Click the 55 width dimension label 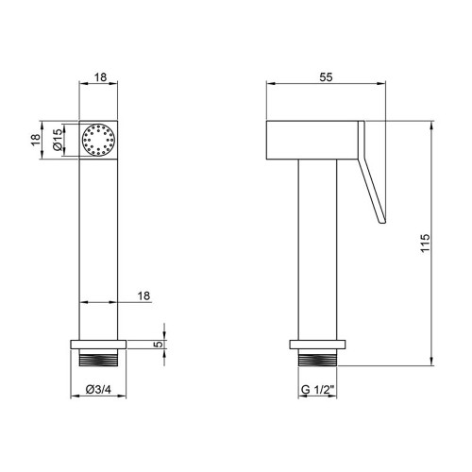(326, 77)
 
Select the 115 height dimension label (425, 243)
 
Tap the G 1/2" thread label (317, 390)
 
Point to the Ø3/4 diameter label (98, 390)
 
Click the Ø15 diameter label (58, 140)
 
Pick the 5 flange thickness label (160, 345)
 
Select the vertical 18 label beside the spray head (36, 140)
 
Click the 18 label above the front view (100, 77)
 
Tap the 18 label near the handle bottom (143, 295)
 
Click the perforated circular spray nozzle (98, 140)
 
